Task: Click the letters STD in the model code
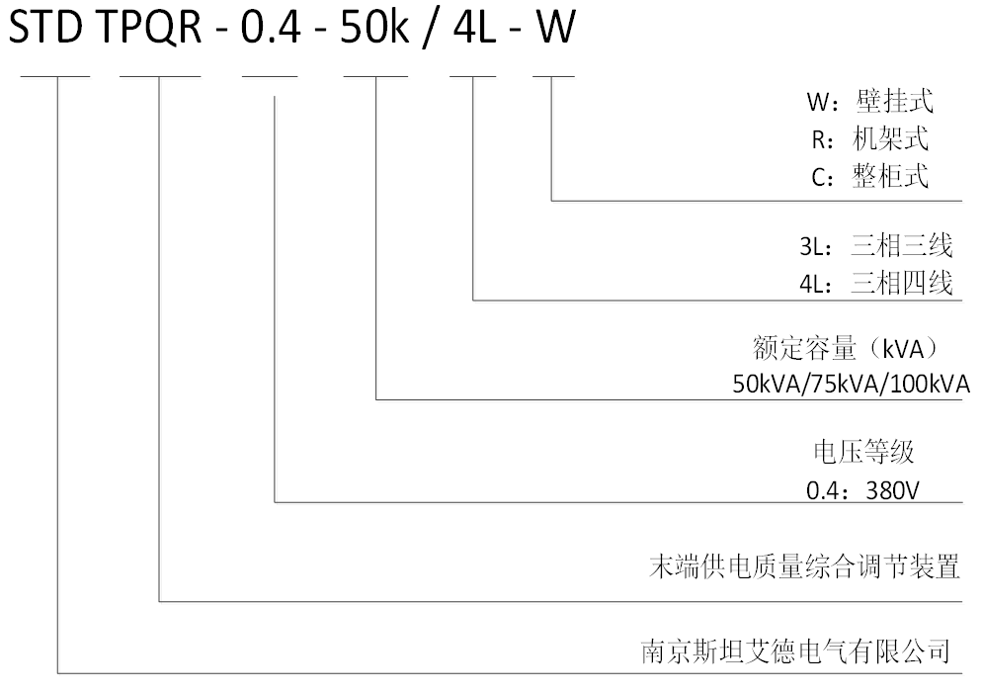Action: [45, 27]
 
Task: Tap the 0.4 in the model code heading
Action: [271, 27]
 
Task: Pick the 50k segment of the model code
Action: [374, 27]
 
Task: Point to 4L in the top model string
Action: [474, 27]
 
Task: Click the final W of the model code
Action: [554, 27]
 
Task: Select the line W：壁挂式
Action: [870, 102]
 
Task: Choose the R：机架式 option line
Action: [870, 139]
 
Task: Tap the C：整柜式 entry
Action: [870, 176]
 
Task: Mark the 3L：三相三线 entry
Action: [876, 246]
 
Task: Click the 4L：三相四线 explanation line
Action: [876, 284]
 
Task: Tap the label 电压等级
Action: [864, 452]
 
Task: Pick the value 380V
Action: [892, 490]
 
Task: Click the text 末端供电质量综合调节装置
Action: [805, 566]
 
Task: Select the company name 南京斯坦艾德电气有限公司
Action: [796, 651]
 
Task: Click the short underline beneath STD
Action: [55, 76]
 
